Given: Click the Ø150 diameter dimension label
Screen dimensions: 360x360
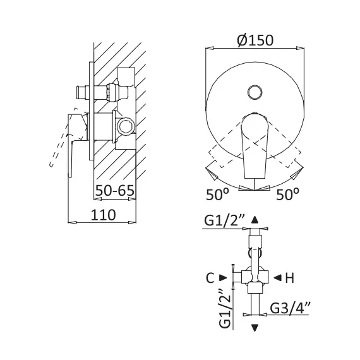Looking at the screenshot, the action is point(255,40).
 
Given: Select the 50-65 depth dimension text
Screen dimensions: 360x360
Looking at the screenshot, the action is point(115,190).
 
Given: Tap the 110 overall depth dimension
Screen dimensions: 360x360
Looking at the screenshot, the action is point(104,215).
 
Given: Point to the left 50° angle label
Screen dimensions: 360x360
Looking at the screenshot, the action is point(218,195).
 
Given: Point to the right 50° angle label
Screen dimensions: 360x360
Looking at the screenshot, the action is point(287,195).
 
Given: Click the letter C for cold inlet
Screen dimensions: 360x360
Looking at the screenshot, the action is point(210,278).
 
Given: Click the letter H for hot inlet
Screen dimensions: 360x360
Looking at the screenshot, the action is point(289,278).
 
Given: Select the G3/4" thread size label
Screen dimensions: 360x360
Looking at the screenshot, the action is point(290,308).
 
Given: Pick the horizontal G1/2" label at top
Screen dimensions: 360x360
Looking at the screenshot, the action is point(225,220).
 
